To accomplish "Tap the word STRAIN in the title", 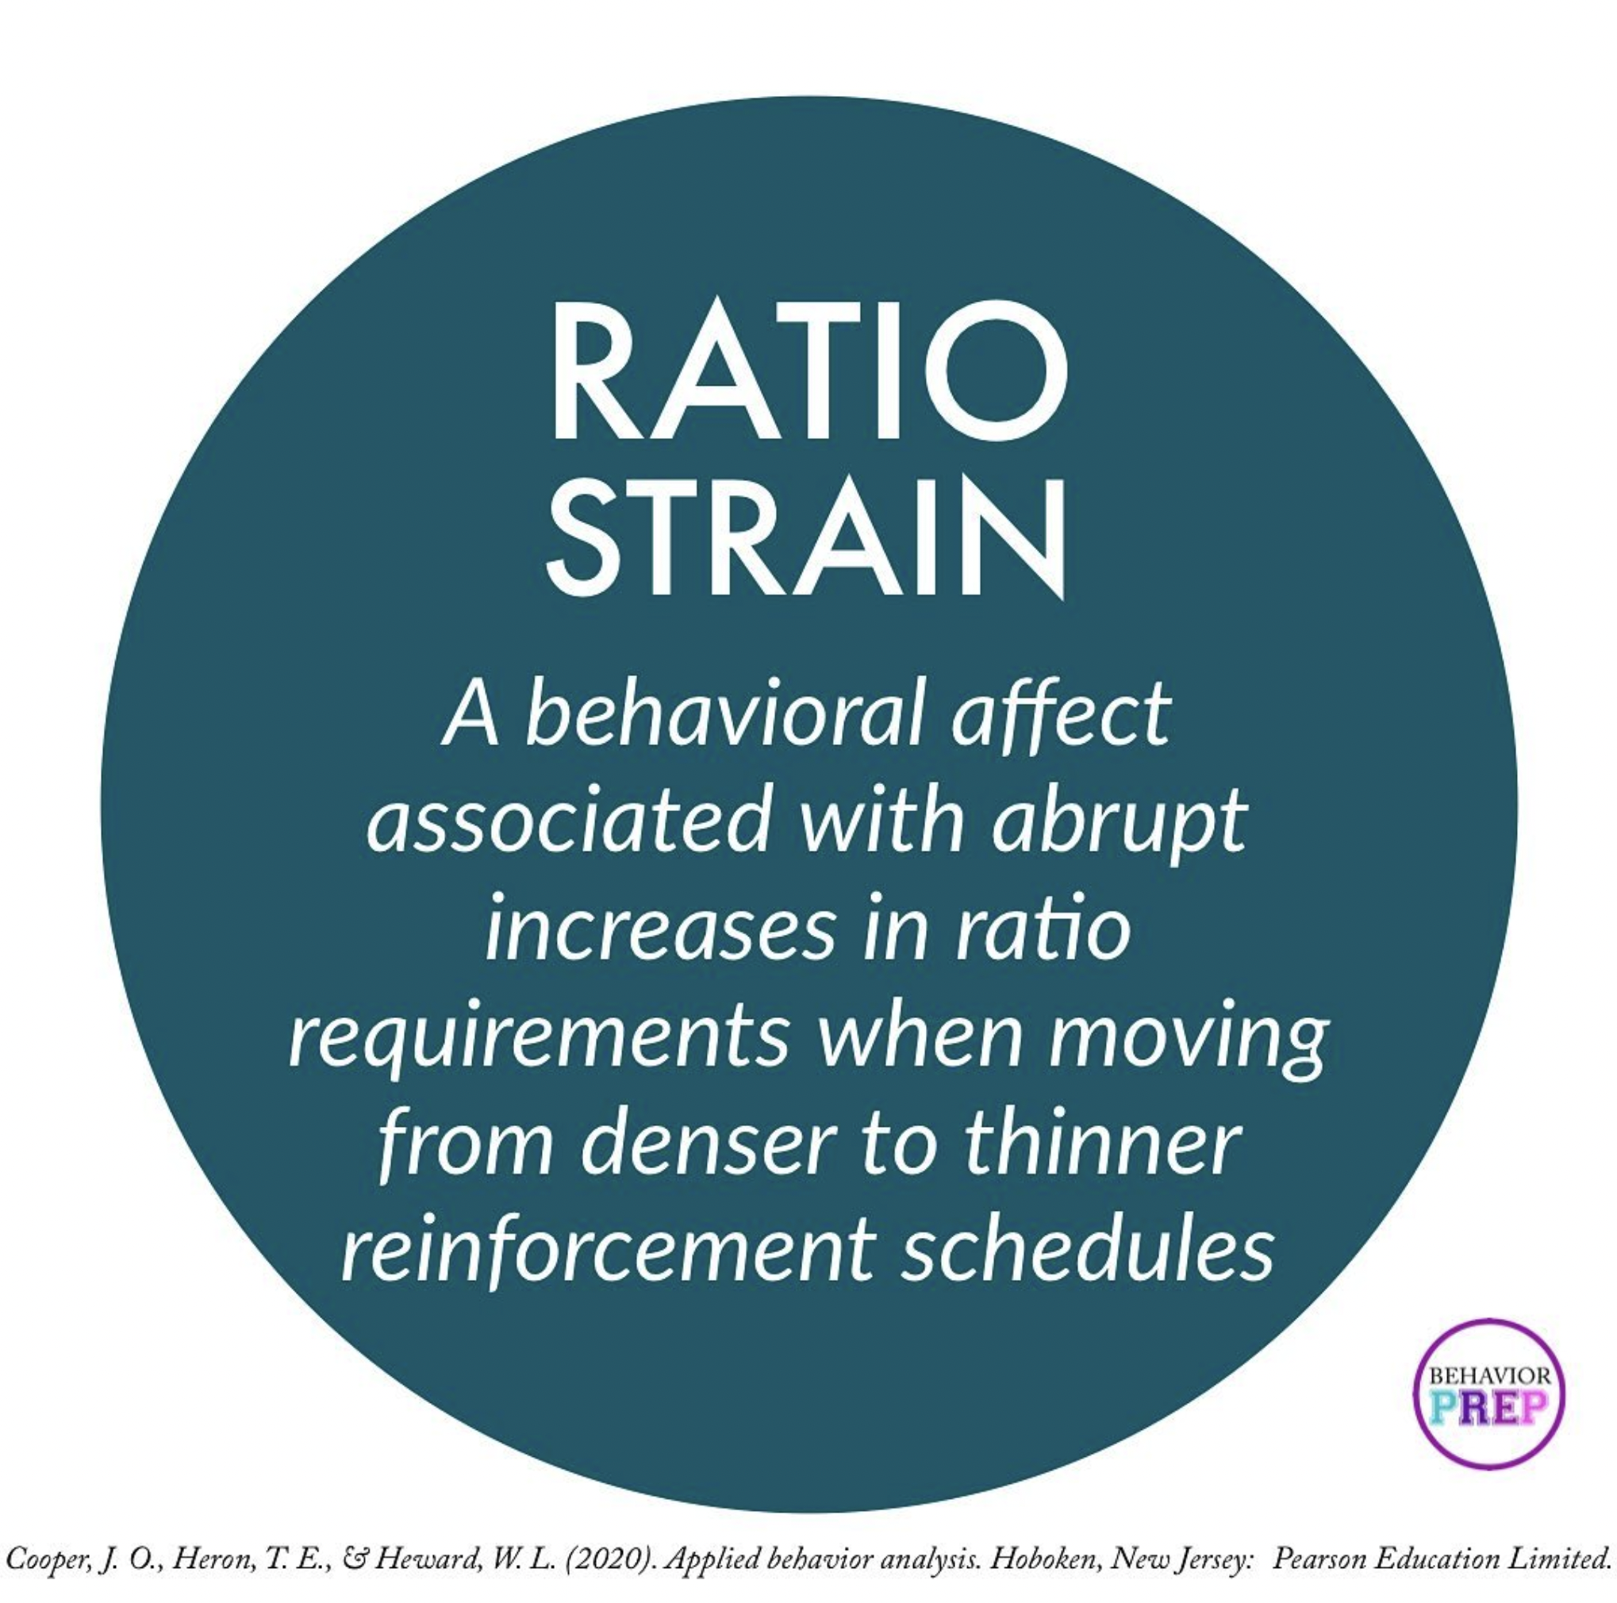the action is point(805,536).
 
